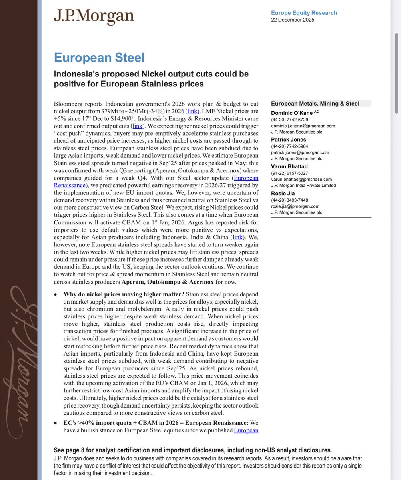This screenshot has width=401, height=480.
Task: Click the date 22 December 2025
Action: pyautogui.click(x=293, y=20)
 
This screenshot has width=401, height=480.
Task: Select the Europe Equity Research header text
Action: pyautogui.click(x=304, y=13)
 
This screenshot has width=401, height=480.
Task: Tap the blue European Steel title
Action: pyautogui.click(x=99, y=58)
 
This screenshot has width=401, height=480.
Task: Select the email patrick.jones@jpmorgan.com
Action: pyautogui.click(x=300, y=152)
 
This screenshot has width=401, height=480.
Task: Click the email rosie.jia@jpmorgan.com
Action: pyautogui.click(x=295, y=206)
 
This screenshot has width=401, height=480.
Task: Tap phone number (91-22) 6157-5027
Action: pyautogui.click(x=289, y=173)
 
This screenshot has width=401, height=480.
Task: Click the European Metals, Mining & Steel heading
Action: pyautogui.click(x=315, y=104)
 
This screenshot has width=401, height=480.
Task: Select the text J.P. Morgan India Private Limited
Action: pyautogui.click(x=303, y=185)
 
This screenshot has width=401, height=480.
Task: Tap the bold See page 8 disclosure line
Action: pyautogui.click(x=192, y=450)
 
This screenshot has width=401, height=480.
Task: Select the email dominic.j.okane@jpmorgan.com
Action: pyautogui.click(x=303, y=126)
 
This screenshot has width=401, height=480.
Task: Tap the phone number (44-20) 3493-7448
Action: pyautogui.click(x=289, y=200)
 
